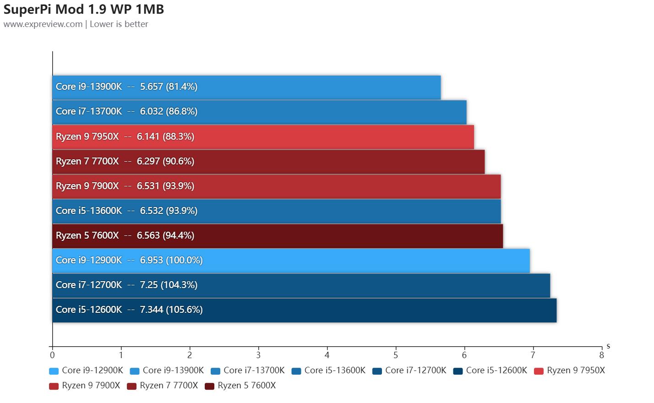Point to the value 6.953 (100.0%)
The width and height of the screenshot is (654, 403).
[x=171, y=260]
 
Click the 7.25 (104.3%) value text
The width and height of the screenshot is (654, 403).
[x=169, y=285]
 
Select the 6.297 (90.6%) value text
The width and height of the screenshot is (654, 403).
[x=165, y=161]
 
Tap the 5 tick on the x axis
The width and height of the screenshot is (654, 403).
[x=396, y=355]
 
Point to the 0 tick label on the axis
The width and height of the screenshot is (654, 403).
[x=53, y=355]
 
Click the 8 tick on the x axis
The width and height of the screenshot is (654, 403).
[x=601, y=355]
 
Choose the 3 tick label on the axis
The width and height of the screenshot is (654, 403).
[x=258, y=355]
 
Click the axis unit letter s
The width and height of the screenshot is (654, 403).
[x=608, y=346]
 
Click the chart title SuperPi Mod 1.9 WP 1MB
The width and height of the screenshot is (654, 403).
[x=84, y=9]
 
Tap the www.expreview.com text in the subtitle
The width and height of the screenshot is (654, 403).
[x=43, y=24]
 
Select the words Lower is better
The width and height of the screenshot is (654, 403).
[x=119, y=24]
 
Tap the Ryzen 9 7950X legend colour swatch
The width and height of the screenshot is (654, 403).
[x=539, y=371]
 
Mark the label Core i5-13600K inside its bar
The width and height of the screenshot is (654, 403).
[x=89, y=211]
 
